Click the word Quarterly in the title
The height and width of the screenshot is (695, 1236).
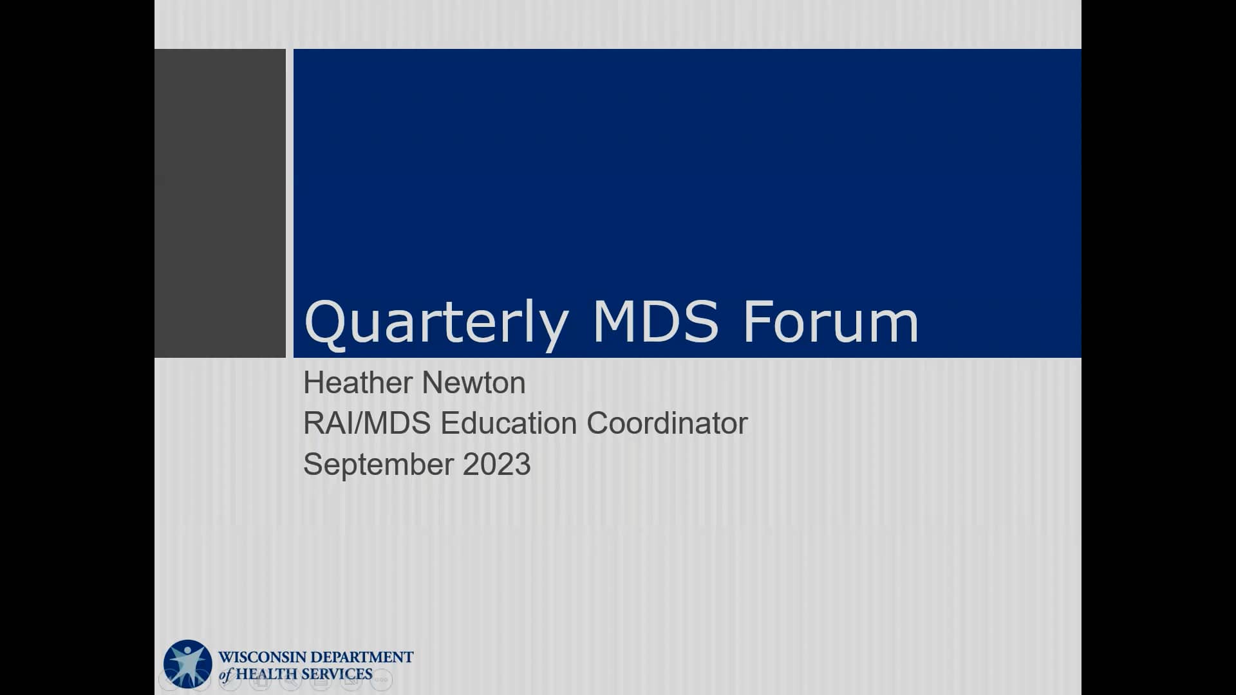(x=436, y=322)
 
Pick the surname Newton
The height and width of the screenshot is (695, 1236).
(x=474, y=383)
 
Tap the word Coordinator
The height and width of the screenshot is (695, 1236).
(x=667, y=423)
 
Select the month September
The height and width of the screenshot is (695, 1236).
(x=378, y=465)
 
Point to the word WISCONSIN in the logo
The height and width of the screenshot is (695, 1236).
(x=264, y=658)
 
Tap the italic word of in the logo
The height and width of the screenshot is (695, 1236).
(x=225, y=675)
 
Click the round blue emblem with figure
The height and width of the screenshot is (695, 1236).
(x=187, y=664)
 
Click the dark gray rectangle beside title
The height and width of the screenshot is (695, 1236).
(x=220, y=203)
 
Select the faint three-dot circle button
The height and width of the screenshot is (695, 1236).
(x=382, y=679)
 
